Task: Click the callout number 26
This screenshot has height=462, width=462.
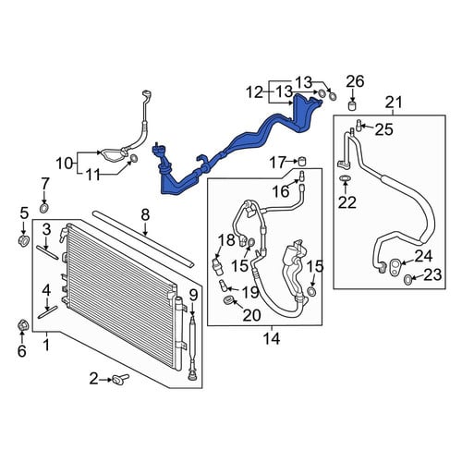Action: [x=355, y=81]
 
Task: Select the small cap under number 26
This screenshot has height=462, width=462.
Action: [x=352, y=105]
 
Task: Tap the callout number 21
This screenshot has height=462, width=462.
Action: [x=394, y=102]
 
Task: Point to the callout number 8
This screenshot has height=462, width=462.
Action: [x=145, y=214]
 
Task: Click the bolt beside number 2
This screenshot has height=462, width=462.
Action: [x=121, y=379]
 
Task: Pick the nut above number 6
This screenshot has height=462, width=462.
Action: [x=22, y=326]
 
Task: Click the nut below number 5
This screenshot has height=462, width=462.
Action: [x=24, y=240]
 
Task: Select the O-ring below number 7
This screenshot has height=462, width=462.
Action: [x=44, y=208]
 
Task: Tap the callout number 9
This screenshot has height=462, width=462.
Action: [x=193, y=296]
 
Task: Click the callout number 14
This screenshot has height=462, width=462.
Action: [x=272, y=339]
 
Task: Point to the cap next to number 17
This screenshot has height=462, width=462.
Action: [x=303, y=161]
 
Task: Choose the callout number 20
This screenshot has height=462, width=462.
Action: [x=251, y=315]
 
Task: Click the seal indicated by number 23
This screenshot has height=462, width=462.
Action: [x=407, y=280]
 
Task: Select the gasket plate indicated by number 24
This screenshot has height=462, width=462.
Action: [x=395, y=266]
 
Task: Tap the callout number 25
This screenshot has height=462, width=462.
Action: [x=384, y=129]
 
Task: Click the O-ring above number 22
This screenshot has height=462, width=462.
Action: [x=345, y=178]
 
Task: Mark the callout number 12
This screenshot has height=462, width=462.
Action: [x=254, y=92]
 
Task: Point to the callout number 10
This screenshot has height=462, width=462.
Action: [x=64, y=164]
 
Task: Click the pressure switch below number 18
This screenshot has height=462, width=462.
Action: [x=218, y=264]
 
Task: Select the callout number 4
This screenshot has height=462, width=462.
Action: [x=46, y=290]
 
